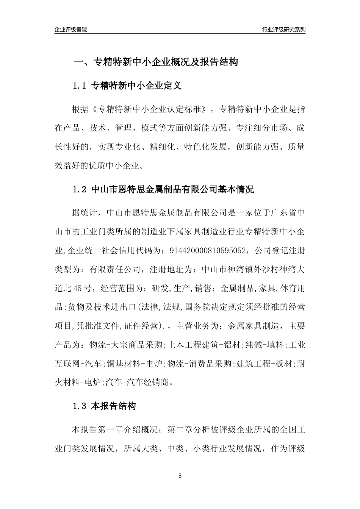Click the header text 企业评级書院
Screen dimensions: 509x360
point(71,30)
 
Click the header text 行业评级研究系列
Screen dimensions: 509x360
point(283,30)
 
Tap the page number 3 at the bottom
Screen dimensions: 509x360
point(180,476)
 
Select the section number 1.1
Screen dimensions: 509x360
point(80,86)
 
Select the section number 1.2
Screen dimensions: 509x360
point(80,190)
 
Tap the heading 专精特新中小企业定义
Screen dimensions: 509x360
point(137,86)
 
